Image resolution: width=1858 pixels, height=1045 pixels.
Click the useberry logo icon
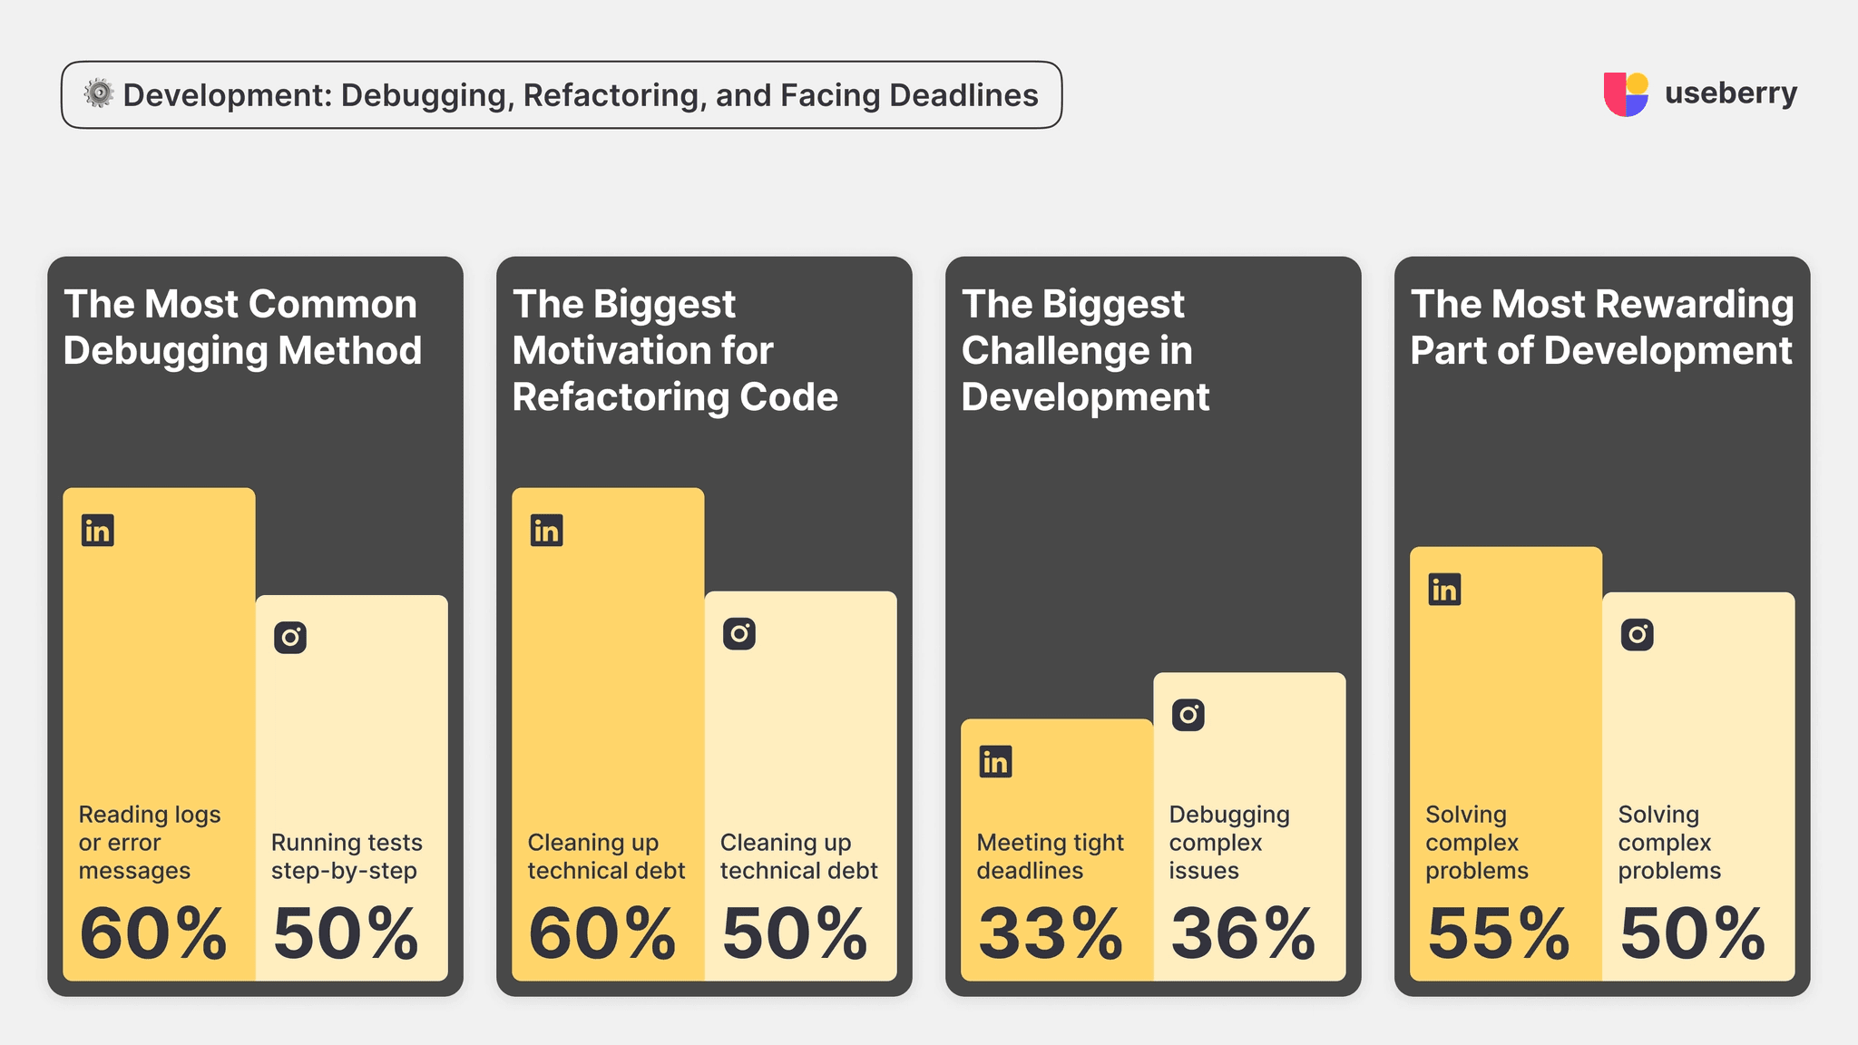click(1626, 94)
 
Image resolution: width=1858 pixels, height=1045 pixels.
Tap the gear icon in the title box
click(99, 93)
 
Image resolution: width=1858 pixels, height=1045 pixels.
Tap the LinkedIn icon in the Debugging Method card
click(98, 531)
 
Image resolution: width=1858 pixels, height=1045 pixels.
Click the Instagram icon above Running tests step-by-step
click(290, 638)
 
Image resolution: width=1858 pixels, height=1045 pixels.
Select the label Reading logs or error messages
click(150, 843)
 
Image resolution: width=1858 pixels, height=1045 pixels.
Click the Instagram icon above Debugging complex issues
click(1188, 715)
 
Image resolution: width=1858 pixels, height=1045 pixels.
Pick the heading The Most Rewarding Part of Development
click(1601, 327)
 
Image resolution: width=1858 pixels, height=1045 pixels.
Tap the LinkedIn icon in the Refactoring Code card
click(546, 531)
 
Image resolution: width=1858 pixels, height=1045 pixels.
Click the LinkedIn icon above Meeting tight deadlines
click(995, 762)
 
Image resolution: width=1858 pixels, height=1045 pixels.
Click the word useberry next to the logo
click(1730, 93)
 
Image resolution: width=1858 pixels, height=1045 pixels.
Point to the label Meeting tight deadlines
click(1050, 856)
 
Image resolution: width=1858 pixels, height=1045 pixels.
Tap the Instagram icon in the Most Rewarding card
click(1637, 634)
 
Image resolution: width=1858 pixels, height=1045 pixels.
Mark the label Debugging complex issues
click(1228, 843)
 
